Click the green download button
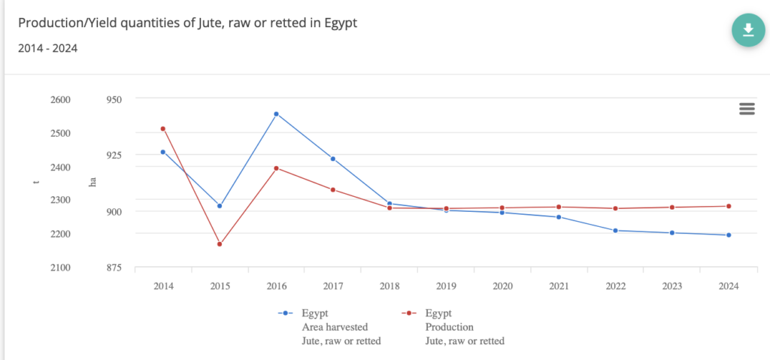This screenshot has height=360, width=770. pyautogui.click(x=747, y=29)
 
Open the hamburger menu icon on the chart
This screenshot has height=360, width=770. pyautogui.click(x=747, y=109)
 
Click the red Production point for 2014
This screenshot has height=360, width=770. pyautogui.click(x=163, y=129)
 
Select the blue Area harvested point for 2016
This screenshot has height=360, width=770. pyautogui.click(x=276, y=114)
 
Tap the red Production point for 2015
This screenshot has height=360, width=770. pyautogui.click(x=220, y=244)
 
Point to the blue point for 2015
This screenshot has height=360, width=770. pyautogui.click(x=220, y=206)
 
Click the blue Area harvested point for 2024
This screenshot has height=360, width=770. pyautogui.click(x=729, y=235)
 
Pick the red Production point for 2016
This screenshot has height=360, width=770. pyautogui.click(x=276, y=168)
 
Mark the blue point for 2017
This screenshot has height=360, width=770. pyautogui.click(x=332, y=159)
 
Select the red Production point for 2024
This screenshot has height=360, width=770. pyautogui.click(x=729, y=206)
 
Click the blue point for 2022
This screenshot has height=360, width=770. pyautogui.click(x=616, y=231)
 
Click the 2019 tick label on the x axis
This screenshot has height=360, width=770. pyautogui.click(x=446, y=286)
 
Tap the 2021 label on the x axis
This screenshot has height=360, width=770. pyautogui.click(x=559, y=286)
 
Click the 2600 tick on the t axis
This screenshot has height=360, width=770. pyautogui.click(x=59, y=99)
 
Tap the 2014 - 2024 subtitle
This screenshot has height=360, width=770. pyautogui.click(x=47, y=48)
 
